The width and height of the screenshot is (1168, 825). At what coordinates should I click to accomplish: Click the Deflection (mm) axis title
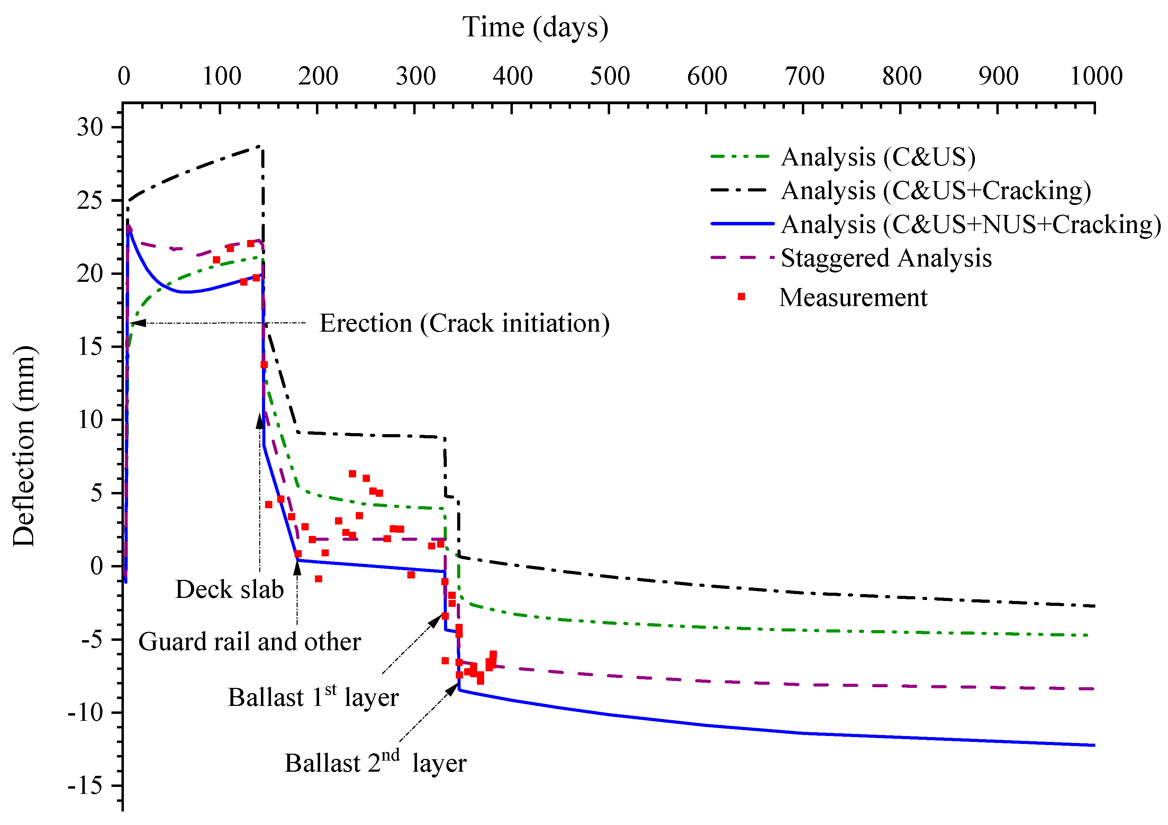(24, 446)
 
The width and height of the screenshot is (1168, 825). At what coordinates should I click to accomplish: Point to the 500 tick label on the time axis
(609, 77)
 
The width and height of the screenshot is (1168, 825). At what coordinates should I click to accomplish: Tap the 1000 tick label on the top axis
(1096, 77)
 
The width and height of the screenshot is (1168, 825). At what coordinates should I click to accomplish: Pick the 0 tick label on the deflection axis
(96, 566)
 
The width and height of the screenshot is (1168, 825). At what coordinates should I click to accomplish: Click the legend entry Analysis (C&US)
(878, 157)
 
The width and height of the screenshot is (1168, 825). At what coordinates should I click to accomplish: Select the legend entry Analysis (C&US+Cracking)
(935, 191)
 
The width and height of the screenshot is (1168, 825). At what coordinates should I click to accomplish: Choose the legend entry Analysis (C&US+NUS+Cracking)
(971, 224)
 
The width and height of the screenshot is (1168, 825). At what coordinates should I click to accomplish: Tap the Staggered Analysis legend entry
(886, 258)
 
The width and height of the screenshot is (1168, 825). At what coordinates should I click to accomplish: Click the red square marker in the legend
(741, 297)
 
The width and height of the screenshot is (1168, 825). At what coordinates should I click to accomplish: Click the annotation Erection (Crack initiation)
(464, 324)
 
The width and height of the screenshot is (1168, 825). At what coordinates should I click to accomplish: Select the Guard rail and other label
(249, 642)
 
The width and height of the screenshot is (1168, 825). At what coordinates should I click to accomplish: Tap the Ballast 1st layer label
(313, 697)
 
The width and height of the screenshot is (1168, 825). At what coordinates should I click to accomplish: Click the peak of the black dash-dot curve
(260, 146)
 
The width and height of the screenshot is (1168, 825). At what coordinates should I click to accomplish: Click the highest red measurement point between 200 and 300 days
(352, 474)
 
